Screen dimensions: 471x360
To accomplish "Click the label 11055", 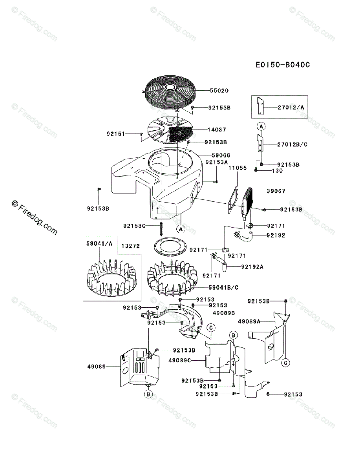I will click(238, 168).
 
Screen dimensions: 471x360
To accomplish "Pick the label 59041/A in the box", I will click(99, 243).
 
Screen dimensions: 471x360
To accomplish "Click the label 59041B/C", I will click(223, 287).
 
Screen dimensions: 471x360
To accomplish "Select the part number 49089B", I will click(223, 313).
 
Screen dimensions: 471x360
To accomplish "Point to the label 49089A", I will click(249, 321).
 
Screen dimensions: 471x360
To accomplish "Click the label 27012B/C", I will click(292, 145).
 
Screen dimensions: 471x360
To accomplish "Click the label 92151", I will click(115, 134).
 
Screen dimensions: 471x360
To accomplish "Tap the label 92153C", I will click(134, 226).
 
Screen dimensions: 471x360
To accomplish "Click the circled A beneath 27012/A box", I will click(260, 126).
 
